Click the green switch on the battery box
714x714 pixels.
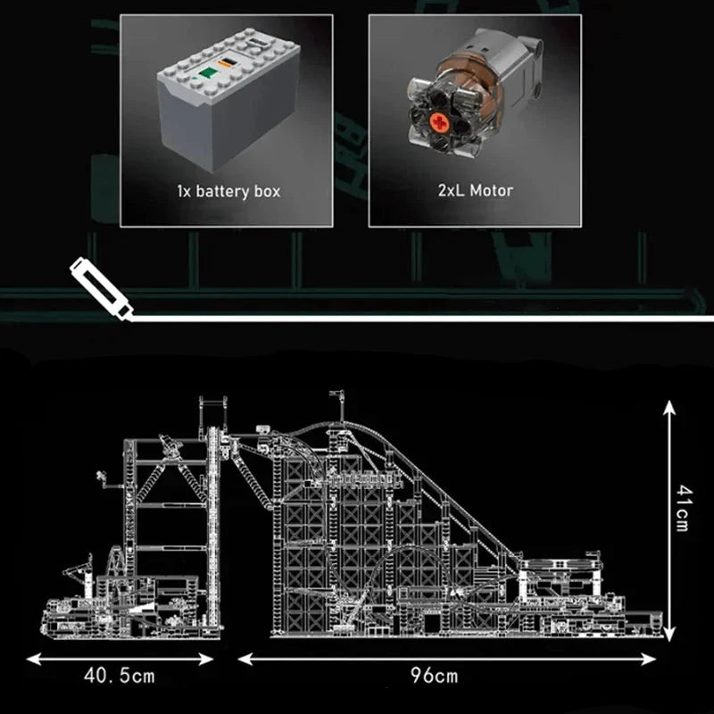click(x=208, y=73)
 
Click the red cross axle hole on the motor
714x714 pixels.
click(x=439, y=122)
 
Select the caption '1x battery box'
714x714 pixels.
click(x=228, y=191)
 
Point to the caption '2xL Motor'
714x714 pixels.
click(x=476, y=190)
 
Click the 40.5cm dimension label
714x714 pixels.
click(x=120, y=676)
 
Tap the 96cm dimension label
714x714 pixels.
click(x=434, y=676)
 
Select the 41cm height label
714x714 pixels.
click(x=683, y=508)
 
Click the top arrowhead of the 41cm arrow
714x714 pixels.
click(x=668, y=407)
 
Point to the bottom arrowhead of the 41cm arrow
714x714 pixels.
click(x=668, y=635)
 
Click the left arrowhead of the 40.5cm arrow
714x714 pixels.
click(x=33, y=659)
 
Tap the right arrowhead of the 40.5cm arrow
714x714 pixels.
click(x=206, y=659)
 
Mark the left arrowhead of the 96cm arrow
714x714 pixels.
click(x=245, y=659)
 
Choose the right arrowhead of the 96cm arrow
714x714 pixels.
click(x=648, y=659)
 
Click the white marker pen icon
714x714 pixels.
click(x=101, y=288)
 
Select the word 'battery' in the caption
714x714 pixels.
click(x=222, y=192)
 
